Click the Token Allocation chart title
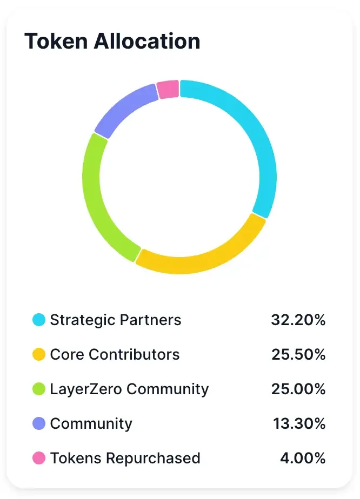click(x=112, y=42)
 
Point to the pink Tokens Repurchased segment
click(x=168, y=90)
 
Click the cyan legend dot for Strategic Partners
click(x=39, y=320)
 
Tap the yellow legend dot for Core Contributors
click(x=39, y=354)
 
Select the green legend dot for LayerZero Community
click(x=39, y=389)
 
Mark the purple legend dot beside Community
click(x=39, y=423)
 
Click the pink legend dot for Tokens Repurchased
click(x=39, y=458)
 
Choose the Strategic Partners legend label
click(x=116, y=320)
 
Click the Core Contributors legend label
click(x=115, y=354)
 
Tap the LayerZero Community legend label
click(x=129, y=389)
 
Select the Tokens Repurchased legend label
click(x=125, y=458)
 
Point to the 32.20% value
click(x=298, y=320)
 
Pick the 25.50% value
click(x=298, y=354)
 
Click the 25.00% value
click(x=298, y=389)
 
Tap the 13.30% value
click(x=299, y=423)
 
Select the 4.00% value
click(x=303, y=458)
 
